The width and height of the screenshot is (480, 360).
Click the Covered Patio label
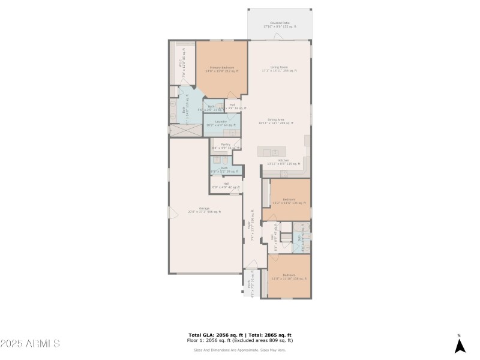pos(280,25)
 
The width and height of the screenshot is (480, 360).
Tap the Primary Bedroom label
pos(222,70)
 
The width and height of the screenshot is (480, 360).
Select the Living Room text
pos(280,69)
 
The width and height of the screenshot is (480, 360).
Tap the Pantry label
pos(226,146)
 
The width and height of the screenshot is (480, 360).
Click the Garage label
pos(204,211)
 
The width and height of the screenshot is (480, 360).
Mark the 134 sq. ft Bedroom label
pos(289,201)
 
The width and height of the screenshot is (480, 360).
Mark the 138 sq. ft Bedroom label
pos(289,277)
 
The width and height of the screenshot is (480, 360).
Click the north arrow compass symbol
pos(460,345)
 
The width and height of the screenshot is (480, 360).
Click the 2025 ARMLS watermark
pos(30,344)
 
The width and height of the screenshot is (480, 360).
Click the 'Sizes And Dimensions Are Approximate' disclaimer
pos(239,350)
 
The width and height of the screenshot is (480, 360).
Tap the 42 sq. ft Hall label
pos(226,185)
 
